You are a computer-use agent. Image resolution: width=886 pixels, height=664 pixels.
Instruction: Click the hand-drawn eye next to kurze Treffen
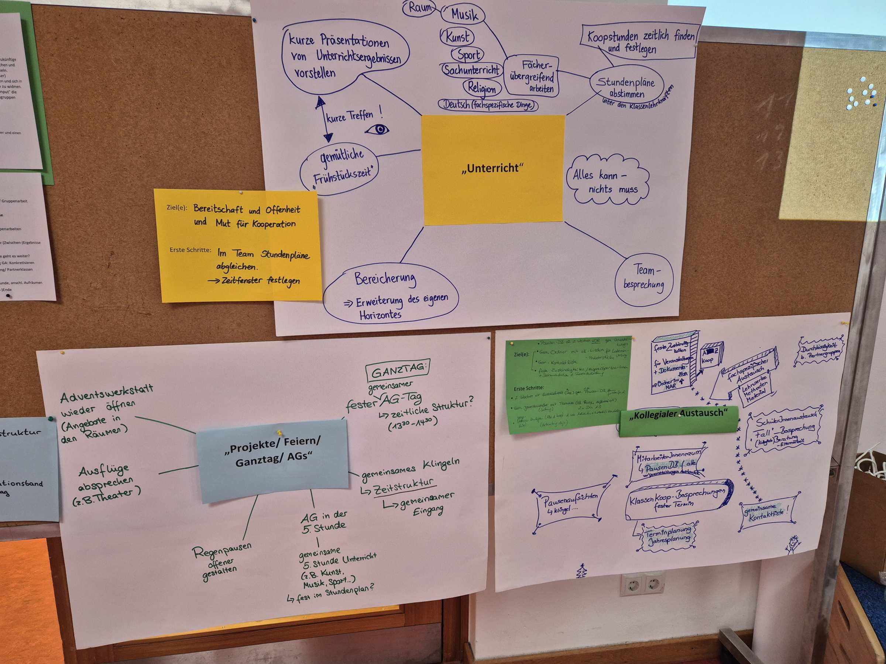377,129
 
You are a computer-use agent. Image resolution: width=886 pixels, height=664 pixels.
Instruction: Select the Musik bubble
463,15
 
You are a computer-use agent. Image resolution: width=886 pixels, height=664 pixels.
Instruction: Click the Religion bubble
481,88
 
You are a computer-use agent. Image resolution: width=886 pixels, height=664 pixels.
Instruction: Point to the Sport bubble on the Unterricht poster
468,55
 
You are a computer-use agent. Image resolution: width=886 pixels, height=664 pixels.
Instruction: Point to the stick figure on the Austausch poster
792,545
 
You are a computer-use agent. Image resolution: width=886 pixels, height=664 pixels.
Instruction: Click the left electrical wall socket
632,586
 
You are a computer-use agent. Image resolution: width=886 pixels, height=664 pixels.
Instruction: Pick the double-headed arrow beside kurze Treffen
324,119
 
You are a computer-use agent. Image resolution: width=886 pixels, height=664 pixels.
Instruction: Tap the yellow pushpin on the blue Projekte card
279,432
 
